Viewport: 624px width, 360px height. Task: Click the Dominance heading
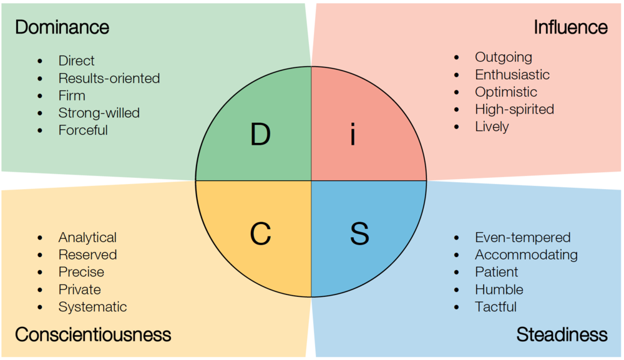[62, 27]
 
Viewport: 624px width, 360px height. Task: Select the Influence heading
[570, 27]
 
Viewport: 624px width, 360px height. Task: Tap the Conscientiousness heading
[93, 334]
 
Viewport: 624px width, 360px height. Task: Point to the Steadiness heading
[562, 334]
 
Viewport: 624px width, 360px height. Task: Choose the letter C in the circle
[260, 233]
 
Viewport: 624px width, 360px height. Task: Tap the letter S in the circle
[359, 233]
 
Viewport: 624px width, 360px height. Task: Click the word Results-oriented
[109, 79]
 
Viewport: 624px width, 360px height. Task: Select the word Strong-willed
[99, 113]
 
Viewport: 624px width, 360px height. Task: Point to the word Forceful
[83, 130]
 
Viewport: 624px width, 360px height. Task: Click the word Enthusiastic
[512, 75]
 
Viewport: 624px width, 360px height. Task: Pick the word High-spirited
[514, 109]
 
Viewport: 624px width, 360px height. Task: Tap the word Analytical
[87, 238]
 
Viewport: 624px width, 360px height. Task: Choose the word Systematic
[92, 307]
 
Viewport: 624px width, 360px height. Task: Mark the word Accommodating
[526, 255]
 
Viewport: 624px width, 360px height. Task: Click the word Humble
[499, 289]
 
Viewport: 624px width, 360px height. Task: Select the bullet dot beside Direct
[41, 61]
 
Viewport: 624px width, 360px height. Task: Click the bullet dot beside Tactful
[457, 307]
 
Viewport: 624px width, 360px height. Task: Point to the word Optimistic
[505, 92]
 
